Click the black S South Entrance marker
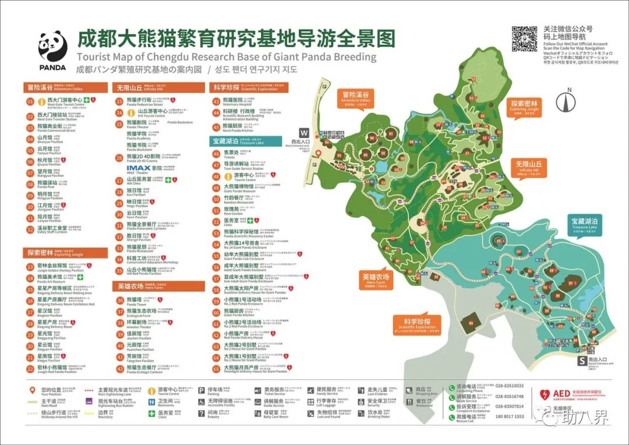581,361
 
